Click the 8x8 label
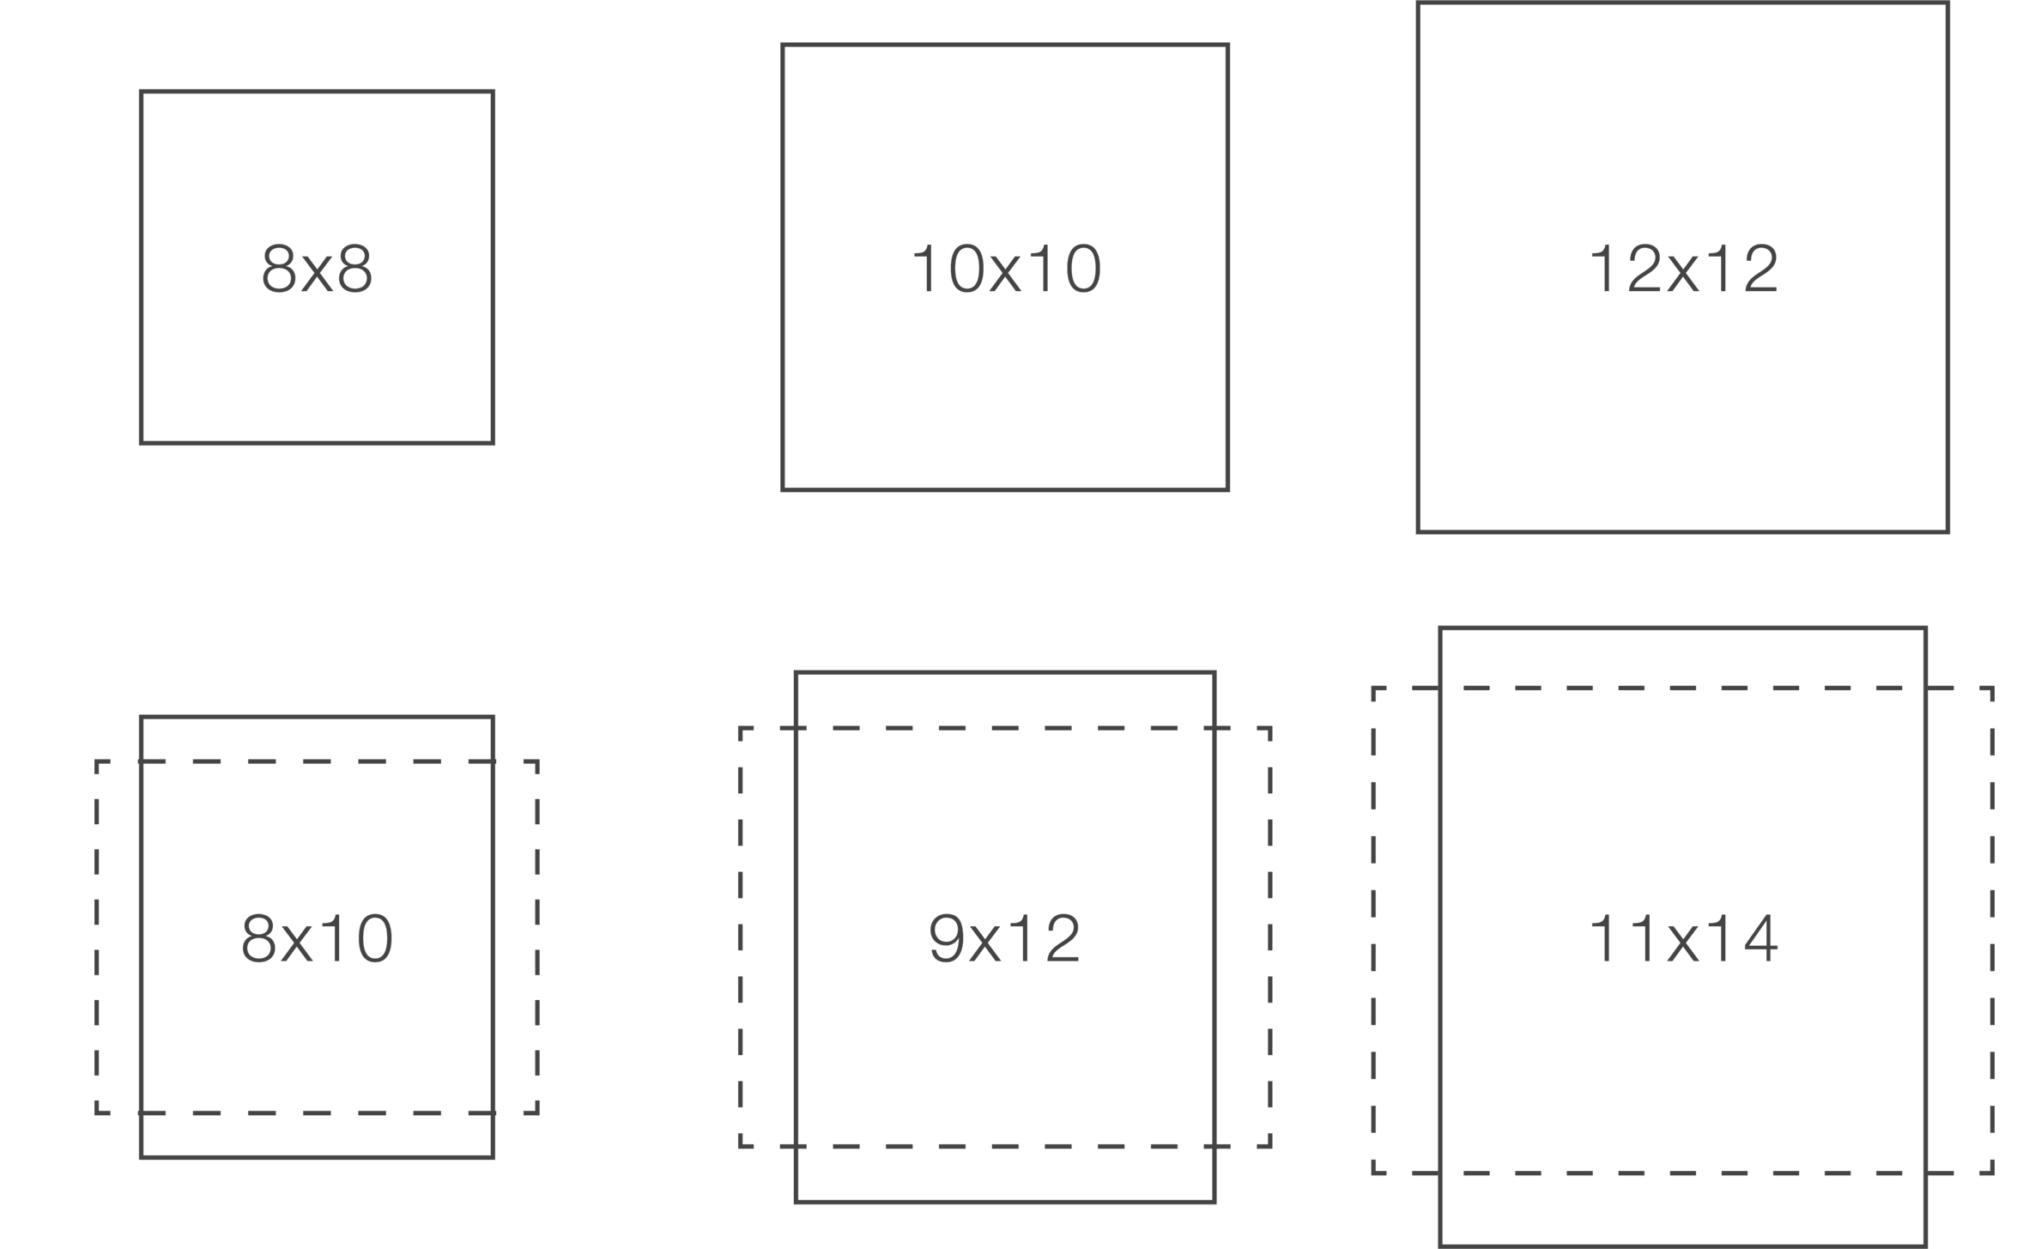coord(317,269)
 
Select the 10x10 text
coord(1005,269)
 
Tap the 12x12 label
coord(1683,269)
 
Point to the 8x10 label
coord(317,938)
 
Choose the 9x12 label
coord(1005,938)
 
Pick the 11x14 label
coord(1683,938)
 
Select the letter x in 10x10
coord(1005,271)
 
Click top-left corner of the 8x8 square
coord(141,91)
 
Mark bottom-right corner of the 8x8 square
coord(494,443)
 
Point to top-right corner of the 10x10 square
coord(1228,45)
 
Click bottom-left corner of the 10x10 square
coord(783,489)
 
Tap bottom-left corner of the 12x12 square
coord(1418,531)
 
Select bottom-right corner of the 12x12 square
coord(1948,531)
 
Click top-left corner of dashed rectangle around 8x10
coord(97,761)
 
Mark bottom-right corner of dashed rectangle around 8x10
coord(537,1113)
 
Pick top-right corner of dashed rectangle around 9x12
coord(1269,729)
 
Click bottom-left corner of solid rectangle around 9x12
coord(797,1202)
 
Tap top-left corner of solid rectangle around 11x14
coord(1441,628)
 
